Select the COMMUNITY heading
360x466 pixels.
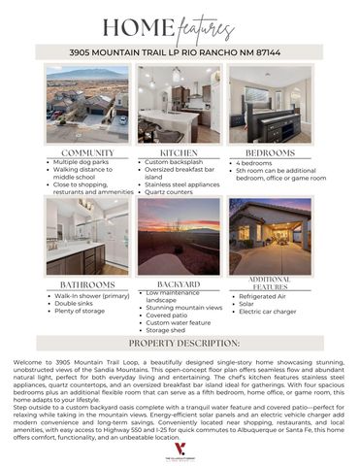(x=87, y=153)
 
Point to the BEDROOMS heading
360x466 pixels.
(x=269, y=153)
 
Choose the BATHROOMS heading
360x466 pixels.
(x=87, y=285)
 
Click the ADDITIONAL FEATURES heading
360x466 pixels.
(x=270, y=283)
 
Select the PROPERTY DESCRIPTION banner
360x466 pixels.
(x=180, y=343)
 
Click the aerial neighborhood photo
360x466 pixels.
(x=87, y=105)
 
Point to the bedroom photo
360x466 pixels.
(x=270, y=105)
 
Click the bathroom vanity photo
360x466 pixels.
(x=87, y=236)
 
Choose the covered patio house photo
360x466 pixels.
(x=270, y=236)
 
